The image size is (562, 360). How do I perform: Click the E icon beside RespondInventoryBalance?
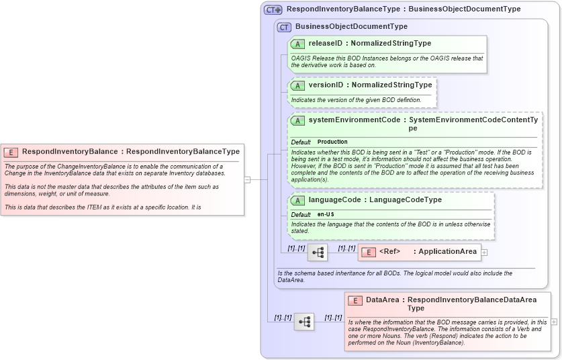(11, 152)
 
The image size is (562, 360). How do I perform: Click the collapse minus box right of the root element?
(247, 179)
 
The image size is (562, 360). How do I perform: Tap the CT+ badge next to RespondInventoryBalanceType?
(273, 10)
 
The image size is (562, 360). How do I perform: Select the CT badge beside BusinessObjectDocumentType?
(284, 27)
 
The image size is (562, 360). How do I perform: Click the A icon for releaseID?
(297, 44)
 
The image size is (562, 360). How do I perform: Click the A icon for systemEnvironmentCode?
(297, 120)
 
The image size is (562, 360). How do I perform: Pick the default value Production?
(332, 142)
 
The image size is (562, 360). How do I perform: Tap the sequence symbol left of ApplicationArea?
(318, 253)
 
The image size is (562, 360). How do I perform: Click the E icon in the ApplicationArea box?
(369, 252)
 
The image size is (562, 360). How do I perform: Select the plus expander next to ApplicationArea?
(484, 253)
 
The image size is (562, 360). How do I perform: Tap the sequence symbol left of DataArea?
(304, 322)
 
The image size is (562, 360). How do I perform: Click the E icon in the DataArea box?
(355, 300)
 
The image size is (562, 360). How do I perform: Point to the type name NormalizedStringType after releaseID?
(391, 44)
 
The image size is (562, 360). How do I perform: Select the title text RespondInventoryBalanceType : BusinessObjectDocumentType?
(403, 9)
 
